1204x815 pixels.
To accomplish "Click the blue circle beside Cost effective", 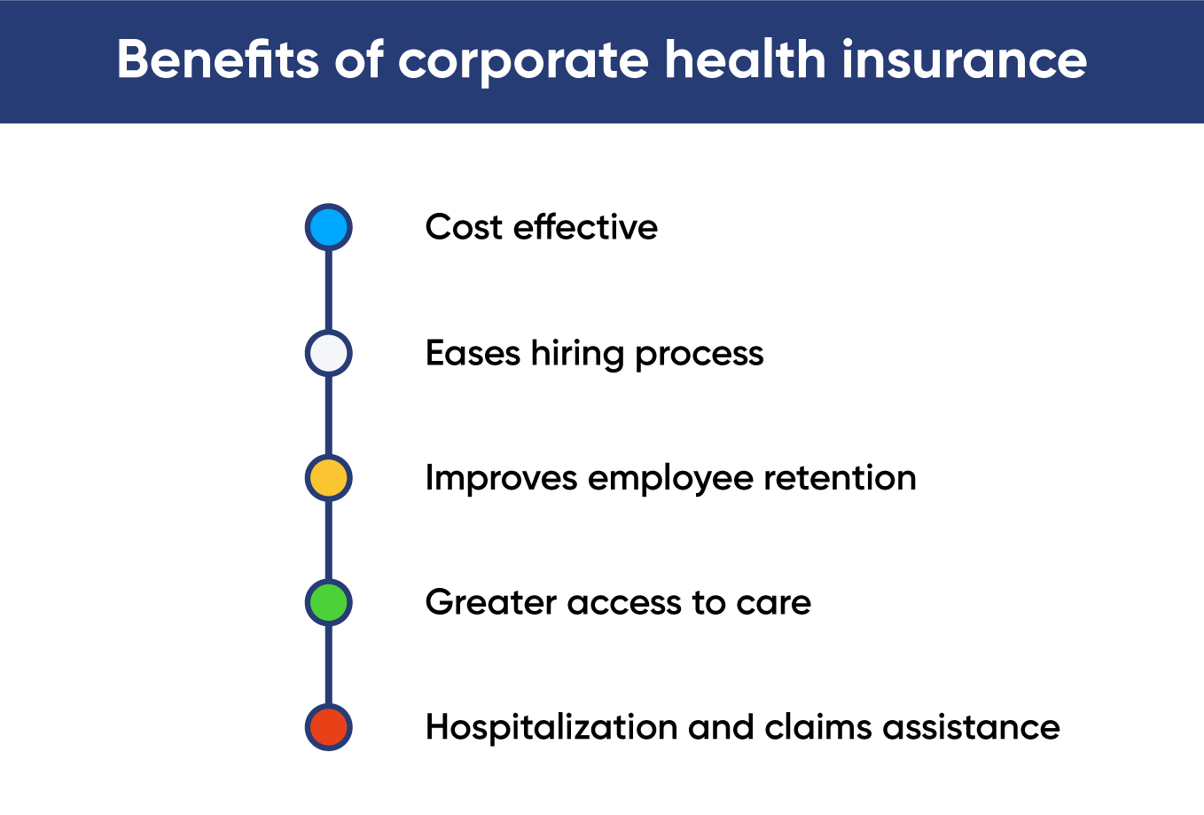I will coord(329,227).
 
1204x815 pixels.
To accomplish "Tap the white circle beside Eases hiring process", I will coord(329,353).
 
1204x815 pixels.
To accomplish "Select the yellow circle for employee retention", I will coord(329,478).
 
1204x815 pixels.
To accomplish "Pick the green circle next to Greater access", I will coord(329,603).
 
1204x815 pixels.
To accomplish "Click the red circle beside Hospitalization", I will coord(329,727).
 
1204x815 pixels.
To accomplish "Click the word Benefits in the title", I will coord(217,60).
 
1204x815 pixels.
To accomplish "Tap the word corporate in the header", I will coord(523,60).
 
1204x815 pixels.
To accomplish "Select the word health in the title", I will coord(745,60).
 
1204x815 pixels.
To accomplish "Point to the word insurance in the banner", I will coord(964,60).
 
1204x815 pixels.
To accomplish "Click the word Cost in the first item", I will coord(464,227).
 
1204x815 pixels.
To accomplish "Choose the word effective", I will coord(585,227).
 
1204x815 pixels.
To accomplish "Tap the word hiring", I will coord(578,354).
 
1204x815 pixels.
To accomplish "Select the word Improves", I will coord(501,479).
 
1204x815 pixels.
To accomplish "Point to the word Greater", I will coord(491,603).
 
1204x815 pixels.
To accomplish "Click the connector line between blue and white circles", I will coord(329,290).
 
